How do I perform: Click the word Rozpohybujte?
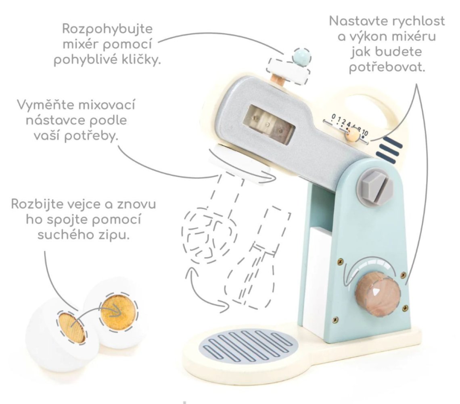pyautogui.click(x=107, y=29)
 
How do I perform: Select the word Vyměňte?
pyautogui.click(x=44, y=105)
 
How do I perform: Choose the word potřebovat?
pyautogui.click(x=387, y=67)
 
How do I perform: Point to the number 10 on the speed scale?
pyautogui.click(x=364, y=133)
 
